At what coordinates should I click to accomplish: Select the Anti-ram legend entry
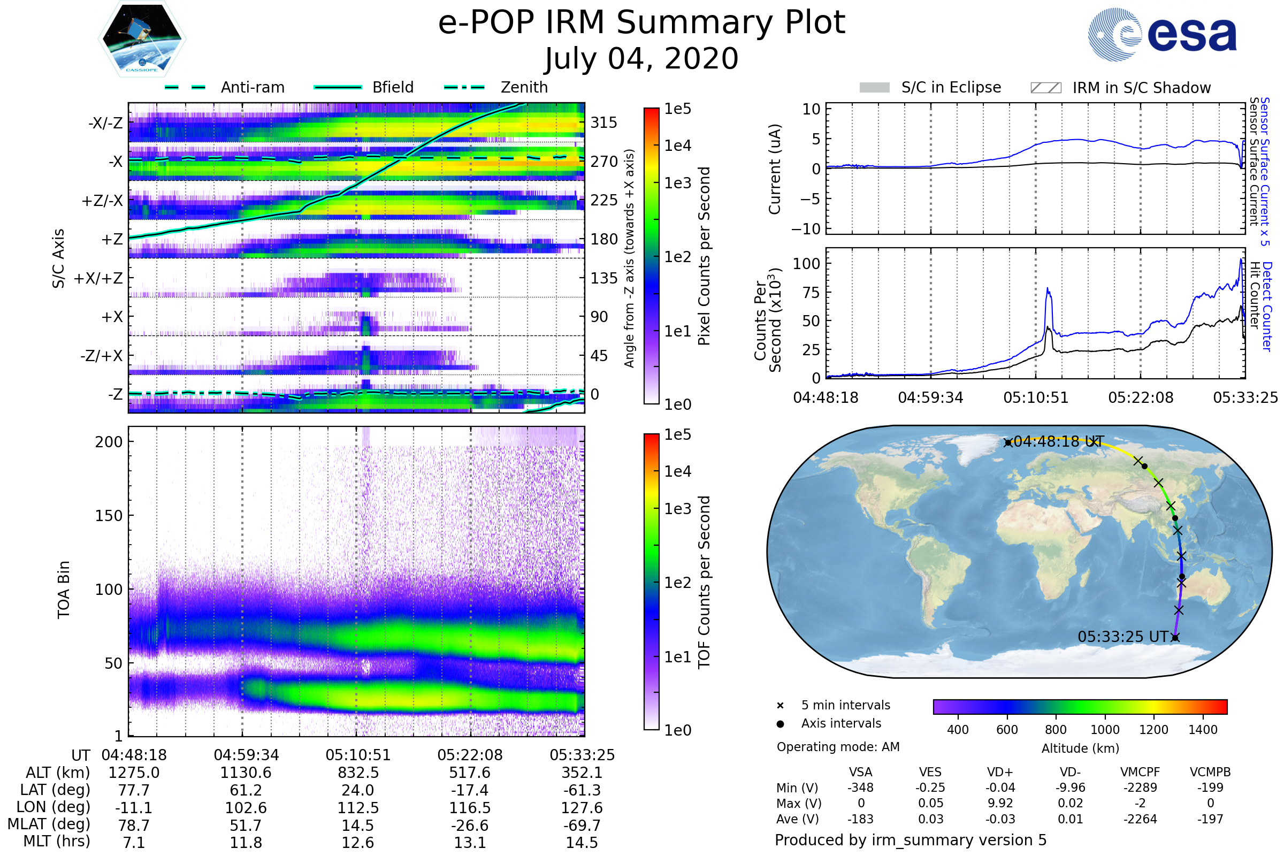coord(252,87)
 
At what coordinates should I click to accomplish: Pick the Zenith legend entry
coord(524,87)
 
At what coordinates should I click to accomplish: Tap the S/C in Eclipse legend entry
coord(951,87)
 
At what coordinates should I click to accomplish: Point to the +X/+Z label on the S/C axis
coord(98,278)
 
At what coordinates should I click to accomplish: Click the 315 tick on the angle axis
coord(603,123)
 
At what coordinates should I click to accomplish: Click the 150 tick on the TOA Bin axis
coord(109,516)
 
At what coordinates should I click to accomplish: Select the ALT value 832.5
coord(358,773)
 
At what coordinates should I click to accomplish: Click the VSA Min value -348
coord(860,788)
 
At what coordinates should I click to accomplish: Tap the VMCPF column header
coord(1140,772)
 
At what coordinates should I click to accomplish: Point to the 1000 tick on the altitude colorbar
coord(1104,730)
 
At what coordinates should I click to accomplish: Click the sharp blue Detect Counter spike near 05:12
coord(1047,289)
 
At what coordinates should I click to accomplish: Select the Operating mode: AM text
coord(838,747)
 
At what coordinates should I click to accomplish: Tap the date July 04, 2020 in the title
coord(641,59)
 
